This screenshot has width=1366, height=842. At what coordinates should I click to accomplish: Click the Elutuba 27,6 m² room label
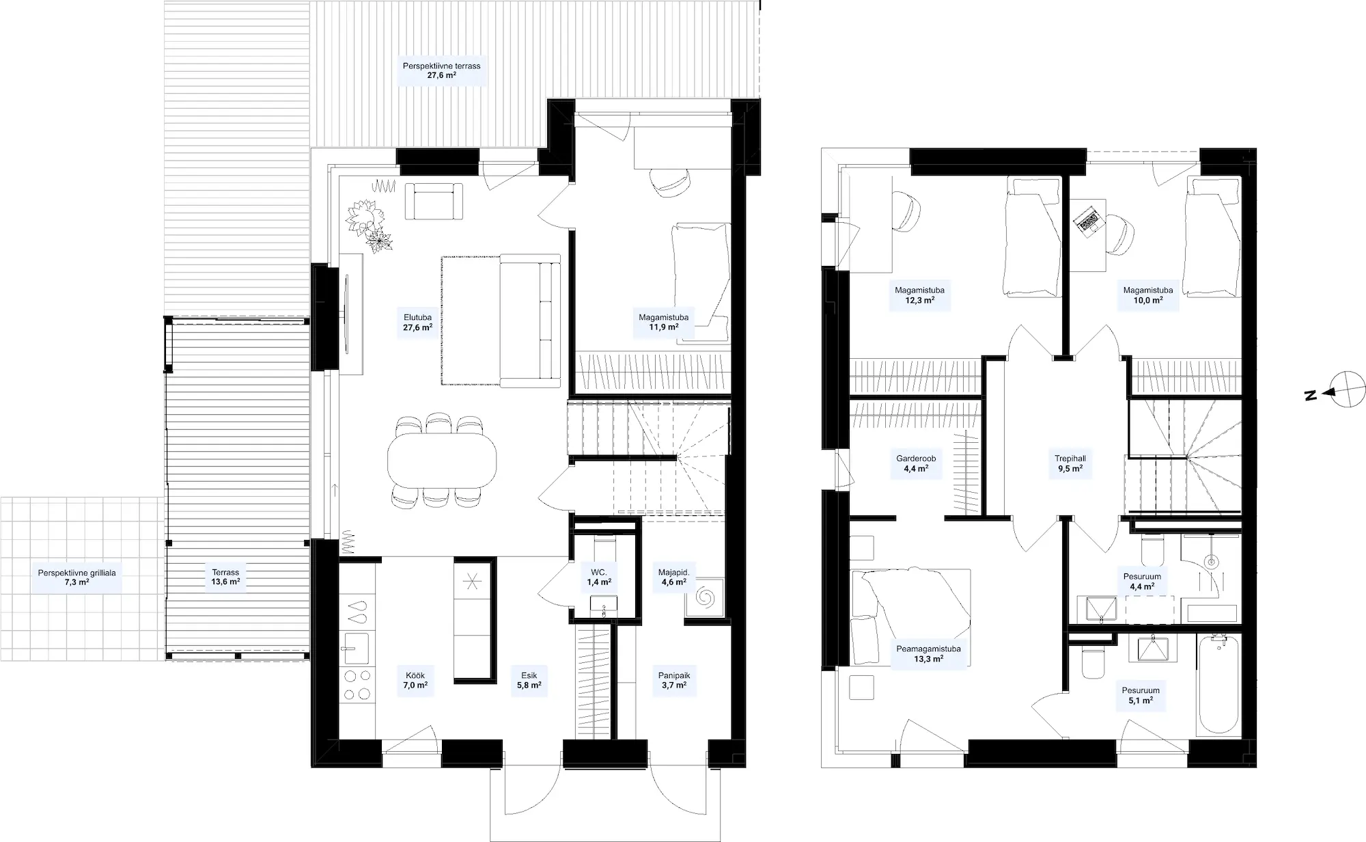click(x=417, y=323)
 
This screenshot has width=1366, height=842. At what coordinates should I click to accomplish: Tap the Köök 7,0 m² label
click(x=415, y=680)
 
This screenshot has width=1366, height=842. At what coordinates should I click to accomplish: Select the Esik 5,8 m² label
click(x=529, y=680)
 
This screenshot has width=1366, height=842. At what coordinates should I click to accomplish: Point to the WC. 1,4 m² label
click(x=599, y=578)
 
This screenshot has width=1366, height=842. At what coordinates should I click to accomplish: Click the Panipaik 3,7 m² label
click(x=674, y=680)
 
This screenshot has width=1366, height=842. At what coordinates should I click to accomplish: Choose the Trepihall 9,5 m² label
click(x=1070, y=464)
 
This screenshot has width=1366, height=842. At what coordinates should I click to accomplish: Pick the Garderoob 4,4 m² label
click(x=916, y=464)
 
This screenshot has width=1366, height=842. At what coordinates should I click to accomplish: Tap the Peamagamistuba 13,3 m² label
click(x=928, y=654)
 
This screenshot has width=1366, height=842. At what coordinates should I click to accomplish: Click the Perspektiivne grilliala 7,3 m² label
click(x=77, y=578)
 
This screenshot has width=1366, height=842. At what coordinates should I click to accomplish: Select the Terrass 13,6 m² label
click(x=225, y=578)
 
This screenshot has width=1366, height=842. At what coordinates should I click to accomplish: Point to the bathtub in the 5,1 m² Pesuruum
click(x=1220, y=684)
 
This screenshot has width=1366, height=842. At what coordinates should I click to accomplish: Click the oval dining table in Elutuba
click(x=443, y=460)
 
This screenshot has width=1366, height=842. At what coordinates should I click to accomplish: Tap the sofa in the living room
click(x=530, y=319)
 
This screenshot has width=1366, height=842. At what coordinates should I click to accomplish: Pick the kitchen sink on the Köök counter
click(x=356, y=649)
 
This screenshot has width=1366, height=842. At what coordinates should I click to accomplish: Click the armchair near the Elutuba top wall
click(x=434, y=201)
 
